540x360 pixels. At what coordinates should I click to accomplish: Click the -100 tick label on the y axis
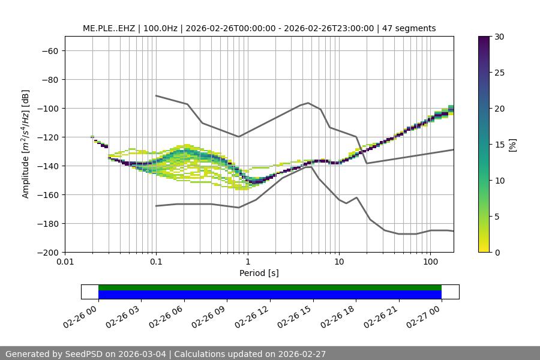pyautogui.click(x=50, y=109)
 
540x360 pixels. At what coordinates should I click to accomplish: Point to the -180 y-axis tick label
pyautogui.click(x=50, y=224)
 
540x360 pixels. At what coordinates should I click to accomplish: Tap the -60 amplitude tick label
pyautogui.click(x=52, y=51)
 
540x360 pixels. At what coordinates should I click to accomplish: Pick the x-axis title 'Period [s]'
pyautogui.click(x=259, y=273)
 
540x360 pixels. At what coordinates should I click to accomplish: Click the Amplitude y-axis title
pyautogui.click(x=26, y=145)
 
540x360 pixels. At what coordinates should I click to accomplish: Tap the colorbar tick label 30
pyautogui.click(x=499, y=37)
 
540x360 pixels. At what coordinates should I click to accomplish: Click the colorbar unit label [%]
pyautogui.click(x=512, y=145)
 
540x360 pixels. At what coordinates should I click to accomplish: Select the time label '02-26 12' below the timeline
pyautogui.click(x=255, y=314)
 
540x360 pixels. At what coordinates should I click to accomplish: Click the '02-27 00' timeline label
pyautogui.click(x=426, y=314)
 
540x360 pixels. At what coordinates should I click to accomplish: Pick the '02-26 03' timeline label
pyautogui.click(x=126, y=314)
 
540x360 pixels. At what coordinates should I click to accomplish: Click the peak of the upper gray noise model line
pyautogui.click(x=308, y=103)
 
